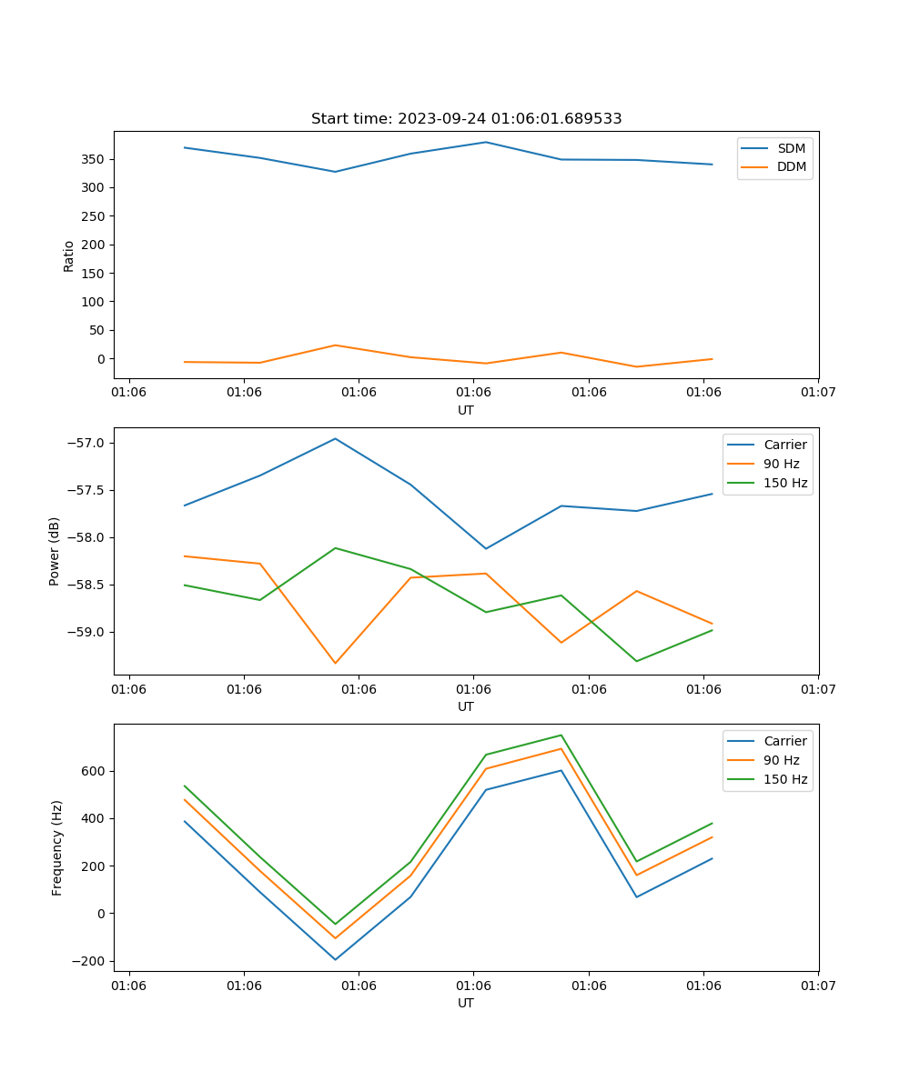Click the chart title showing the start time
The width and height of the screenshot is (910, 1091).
click(466, 119)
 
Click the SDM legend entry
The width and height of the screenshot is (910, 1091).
click(791, 148)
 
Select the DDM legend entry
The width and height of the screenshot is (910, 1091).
click(791, 166)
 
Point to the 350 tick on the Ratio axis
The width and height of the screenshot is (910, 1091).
click(95, 159)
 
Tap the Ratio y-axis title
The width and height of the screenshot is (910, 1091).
click(69, 255)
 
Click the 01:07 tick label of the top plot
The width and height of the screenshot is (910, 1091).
click(818, 393)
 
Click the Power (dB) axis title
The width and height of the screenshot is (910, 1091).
click(55, 551)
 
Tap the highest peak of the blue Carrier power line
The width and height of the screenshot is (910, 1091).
click(335, 438)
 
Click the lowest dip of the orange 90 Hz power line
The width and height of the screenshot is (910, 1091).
click(335, 663)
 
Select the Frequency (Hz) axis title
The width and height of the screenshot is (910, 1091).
click(56, 847)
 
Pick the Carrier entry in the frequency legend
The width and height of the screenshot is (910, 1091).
click(785, 741)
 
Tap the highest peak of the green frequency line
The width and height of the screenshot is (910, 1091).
click(561, 735)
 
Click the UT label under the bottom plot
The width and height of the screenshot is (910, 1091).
click(466, 1003)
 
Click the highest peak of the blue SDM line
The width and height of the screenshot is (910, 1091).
click(486, 142)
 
